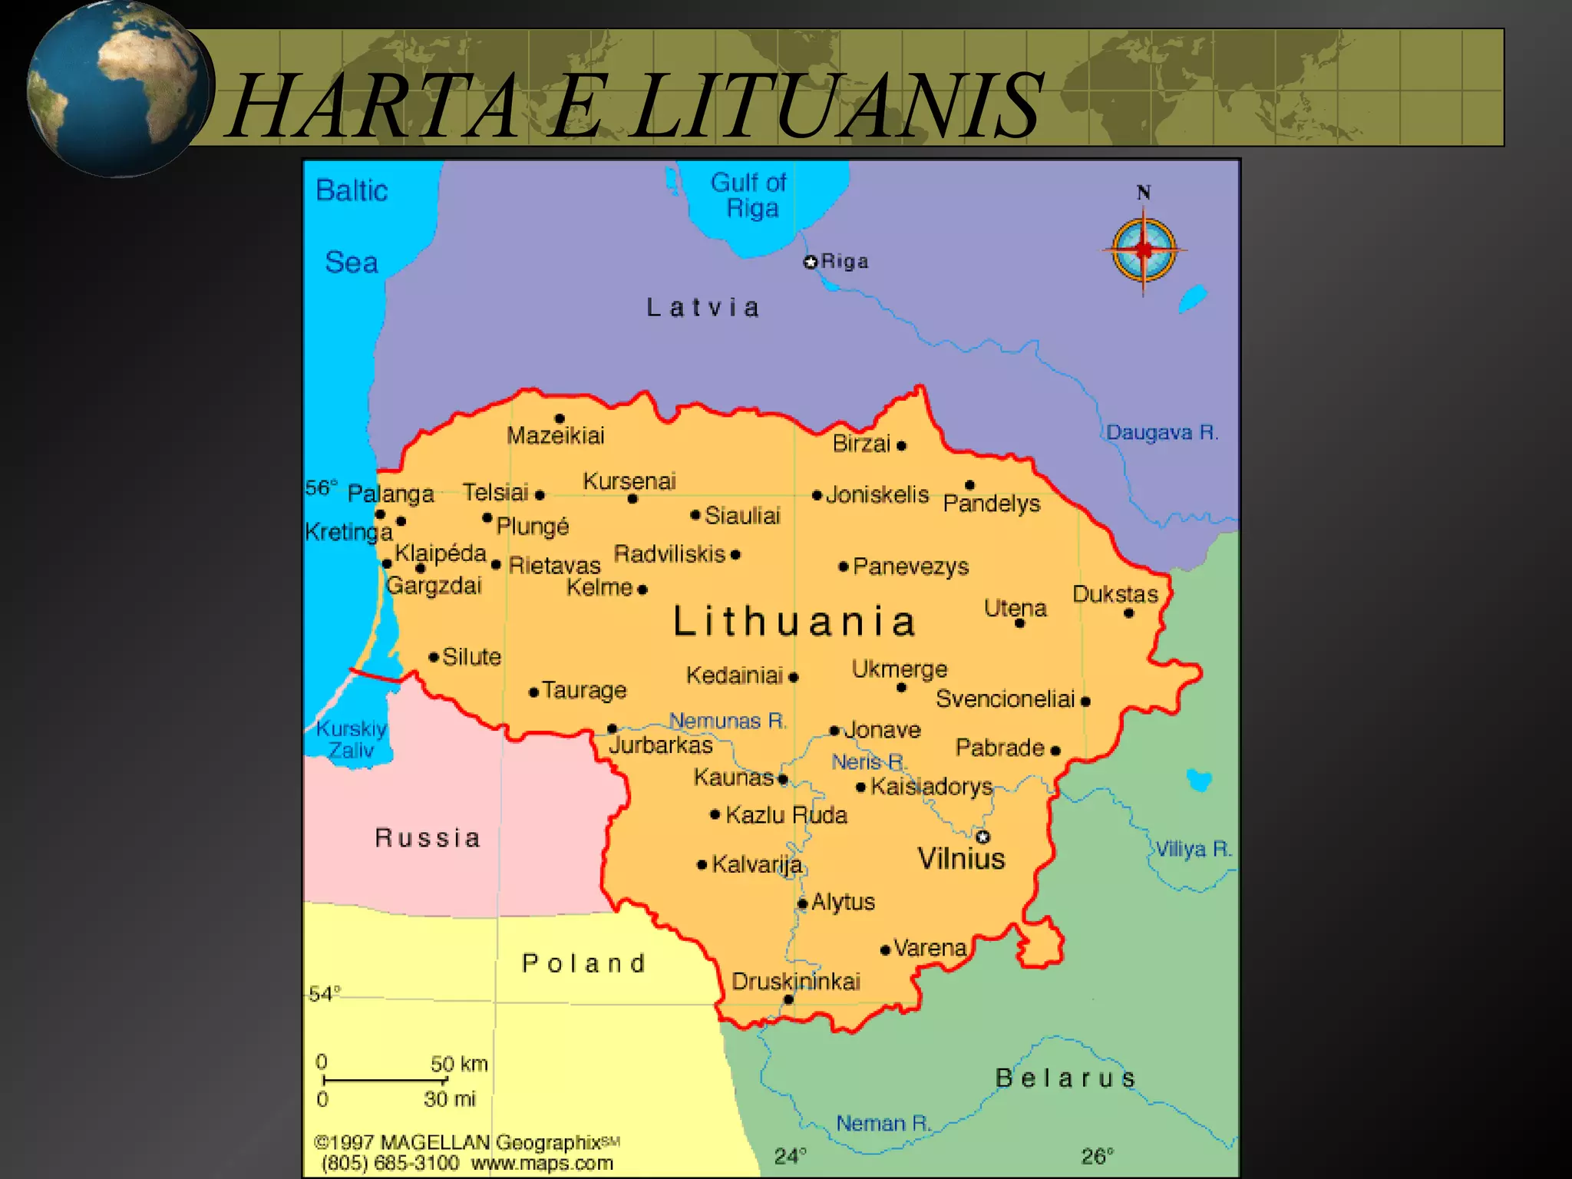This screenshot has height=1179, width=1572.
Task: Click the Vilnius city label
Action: click(x=961, y=858)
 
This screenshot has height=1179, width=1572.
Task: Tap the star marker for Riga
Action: click(x=811, y=263)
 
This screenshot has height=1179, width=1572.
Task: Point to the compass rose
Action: click(x=1144, y=249)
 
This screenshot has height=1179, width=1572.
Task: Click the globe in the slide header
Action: click(x=117, y=89)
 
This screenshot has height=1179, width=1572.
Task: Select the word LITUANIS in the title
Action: click(x=837, y=105)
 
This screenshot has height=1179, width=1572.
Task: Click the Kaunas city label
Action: click(x=734, y=778)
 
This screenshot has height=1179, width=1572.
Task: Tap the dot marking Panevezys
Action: click(x=844, y=567)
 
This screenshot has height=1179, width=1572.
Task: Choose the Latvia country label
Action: click(x=703, y=308)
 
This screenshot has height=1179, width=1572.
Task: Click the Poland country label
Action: click(x=583, y=963)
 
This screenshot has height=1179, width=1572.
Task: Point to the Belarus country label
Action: click(x=1065, y=1078)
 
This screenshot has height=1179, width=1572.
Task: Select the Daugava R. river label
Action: click(x=1161, y=433)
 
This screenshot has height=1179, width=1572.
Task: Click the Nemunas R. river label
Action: click(x=728, y=721)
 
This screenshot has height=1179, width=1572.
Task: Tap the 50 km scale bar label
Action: click(x=459, y=1064)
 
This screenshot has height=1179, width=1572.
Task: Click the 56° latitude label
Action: click(x=321, y=487)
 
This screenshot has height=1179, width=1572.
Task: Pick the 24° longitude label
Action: click(x=790, y=1156)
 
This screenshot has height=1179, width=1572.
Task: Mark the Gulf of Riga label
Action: click(x=749, y=195)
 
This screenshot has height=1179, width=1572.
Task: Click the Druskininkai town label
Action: click(x=795, y=981)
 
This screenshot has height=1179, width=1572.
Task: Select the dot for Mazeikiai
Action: click(x=560, y=418)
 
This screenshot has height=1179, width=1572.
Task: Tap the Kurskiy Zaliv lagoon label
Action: click(x=352, y=739)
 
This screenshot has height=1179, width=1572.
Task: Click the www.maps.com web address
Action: click(x=542, y=1163)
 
